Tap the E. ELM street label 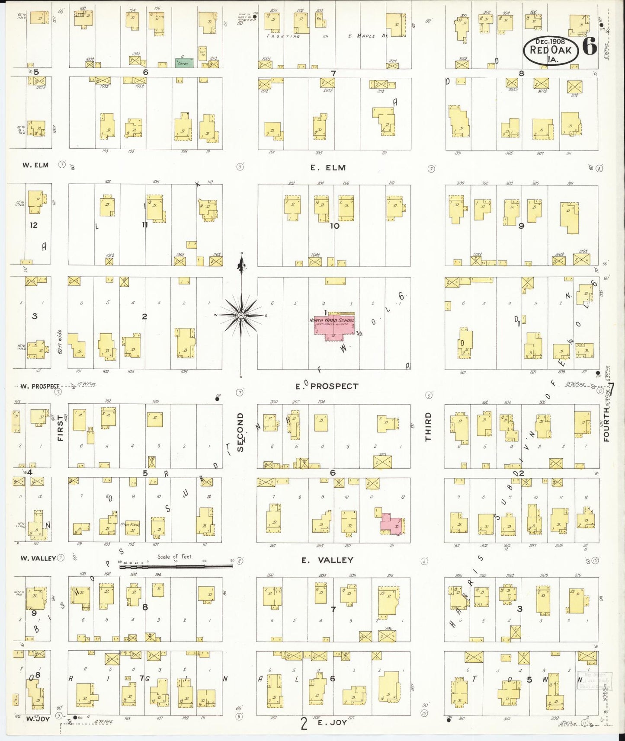[328, 168]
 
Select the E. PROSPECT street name [327, 386]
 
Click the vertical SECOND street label [240, 432]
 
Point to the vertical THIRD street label [428, 427]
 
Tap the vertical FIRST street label [60, 428]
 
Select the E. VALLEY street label [327, 560]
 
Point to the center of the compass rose [241, 316]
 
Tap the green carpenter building [184, 63]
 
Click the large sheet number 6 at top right [590, 46]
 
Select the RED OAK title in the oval [551, 50]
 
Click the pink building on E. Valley [393, 523]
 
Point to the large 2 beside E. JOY [304, 723]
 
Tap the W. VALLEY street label [38, 558]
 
